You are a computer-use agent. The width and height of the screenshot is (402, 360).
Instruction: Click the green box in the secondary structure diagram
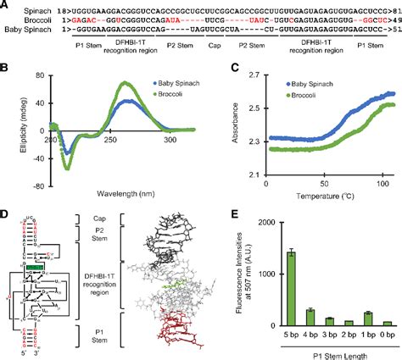[34, 268]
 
